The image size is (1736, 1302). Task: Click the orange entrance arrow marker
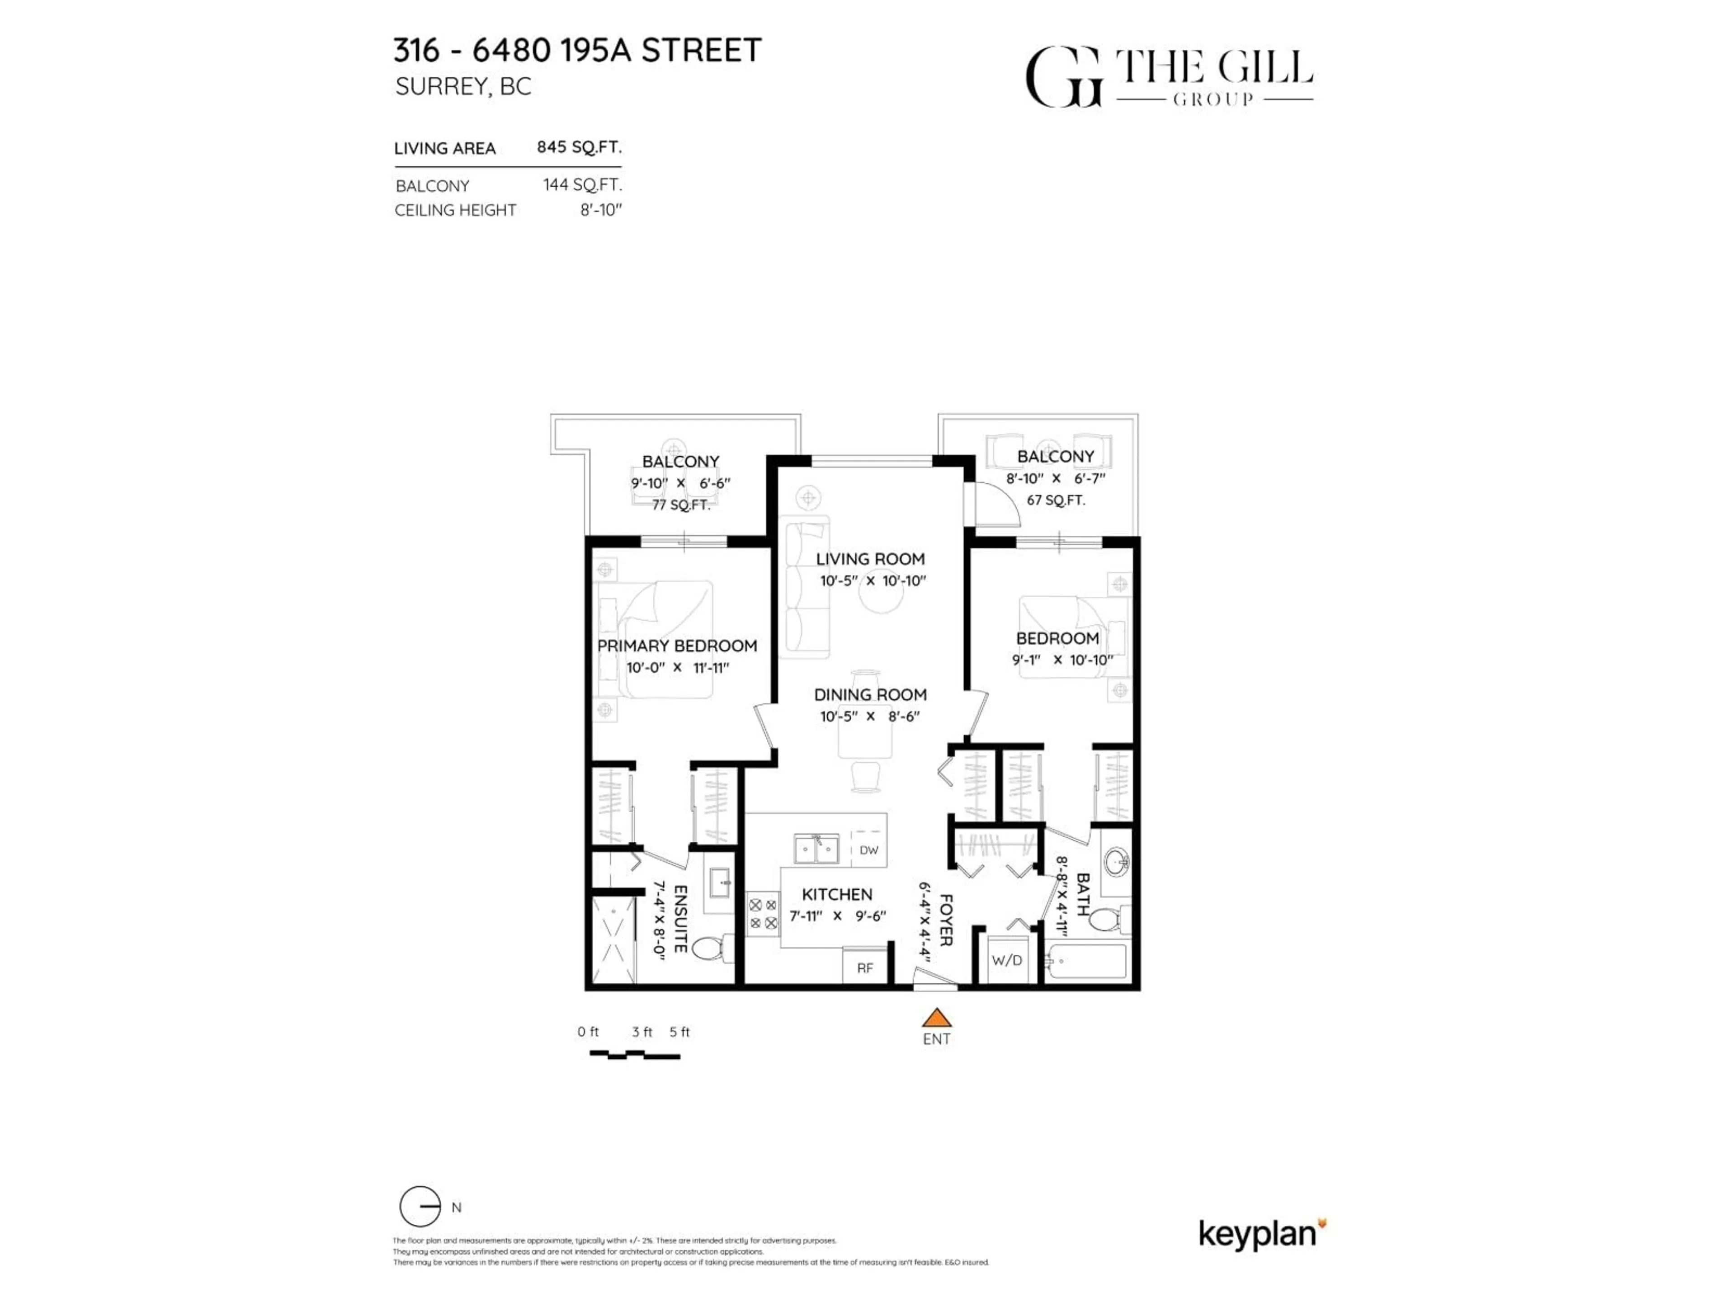coord(936,1019)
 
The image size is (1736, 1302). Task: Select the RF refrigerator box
coord(865,967)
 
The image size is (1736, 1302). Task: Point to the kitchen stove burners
coord(763,914)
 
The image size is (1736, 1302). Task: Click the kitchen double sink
coord(816,849)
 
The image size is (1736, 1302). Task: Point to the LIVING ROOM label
coord(870,559)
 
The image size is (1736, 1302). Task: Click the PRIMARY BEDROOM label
coord(677,646)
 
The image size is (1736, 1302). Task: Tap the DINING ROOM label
coord(870,694)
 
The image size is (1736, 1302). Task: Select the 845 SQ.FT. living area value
coord(579,147)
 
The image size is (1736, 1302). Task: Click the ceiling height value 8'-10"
coord(601,210)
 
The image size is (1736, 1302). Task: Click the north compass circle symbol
coord(420,1206)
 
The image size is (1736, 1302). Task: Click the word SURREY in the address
coord(442,86)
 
